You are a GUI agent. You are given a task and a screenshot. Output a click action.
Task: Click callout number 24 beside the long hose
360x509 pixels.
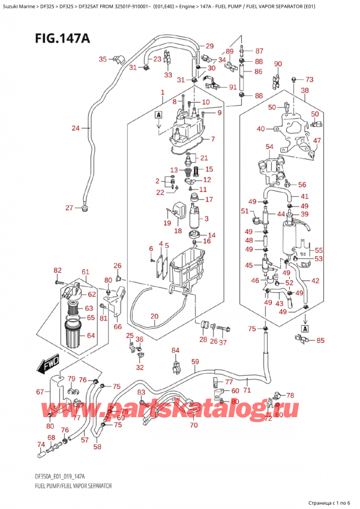(75, 128)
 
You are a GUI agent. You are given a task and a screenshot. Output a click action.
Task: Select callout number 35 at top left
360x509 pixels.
(103, 59)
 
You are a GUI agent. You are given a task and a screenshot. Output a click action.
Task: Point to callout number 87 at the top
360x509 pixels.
(259, 51)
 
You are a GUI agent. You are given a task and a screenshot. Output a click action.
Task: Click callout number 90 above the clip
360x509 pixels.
(277, 64)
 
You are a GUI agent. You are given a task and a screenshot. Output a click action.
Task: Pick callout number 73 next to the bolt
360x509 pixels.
(309, 79)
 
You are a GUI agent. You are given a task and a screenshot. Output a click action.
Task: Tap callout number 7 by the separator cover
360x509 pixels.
(212, 139)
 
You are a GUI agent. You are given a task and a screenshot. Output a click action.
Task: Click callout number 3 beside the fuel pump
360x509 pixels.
(206, 218)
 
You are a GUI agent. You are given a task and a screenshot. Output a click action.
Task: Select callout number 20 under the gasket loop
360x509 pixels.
(154, 316)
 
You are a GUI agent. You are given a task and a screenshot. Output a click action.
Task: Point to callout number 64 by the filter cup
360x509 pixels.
(91, 335)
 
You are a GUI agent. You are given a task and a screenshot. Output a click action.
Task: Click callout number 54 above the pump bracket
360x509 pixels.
(269, 147)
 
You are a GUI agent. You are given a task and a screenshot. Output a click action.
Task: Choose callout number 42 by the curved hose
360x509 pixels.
(315, 280)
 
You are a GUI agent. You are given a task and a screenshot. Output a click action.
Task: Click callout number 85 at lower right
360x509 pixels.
(320, 341)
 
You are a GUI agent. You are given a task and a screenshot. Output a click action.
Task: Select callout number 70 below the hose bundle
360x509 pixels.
(193, 426)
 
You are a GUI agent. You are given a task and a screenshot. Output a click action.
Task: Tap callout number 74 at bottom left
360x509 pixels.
(40, 445)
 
